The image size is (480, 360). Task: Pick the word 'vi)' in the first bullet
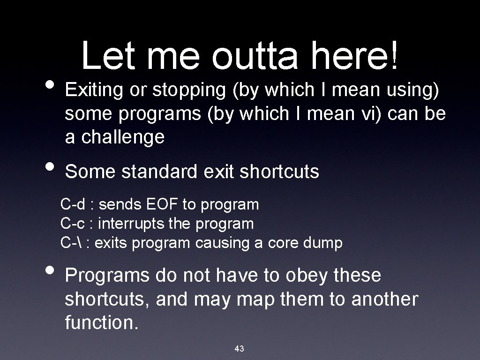374,114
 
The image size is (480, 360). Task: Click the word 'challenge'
122,137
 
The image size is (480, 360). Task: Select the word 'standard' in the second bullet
160,172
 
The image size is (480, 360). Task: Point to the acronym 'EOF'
164,204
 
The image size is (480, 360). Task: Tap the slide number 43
239,348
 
